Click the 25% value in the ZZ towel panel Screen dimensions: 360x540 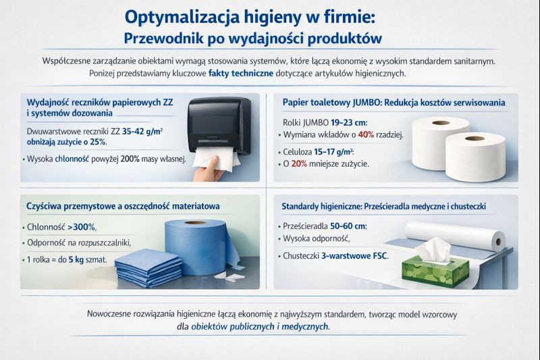pyautogui.click(x=97, y=143)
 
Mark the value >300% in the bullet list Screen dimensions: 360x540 pyautogui.click(x=82, y=227)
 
